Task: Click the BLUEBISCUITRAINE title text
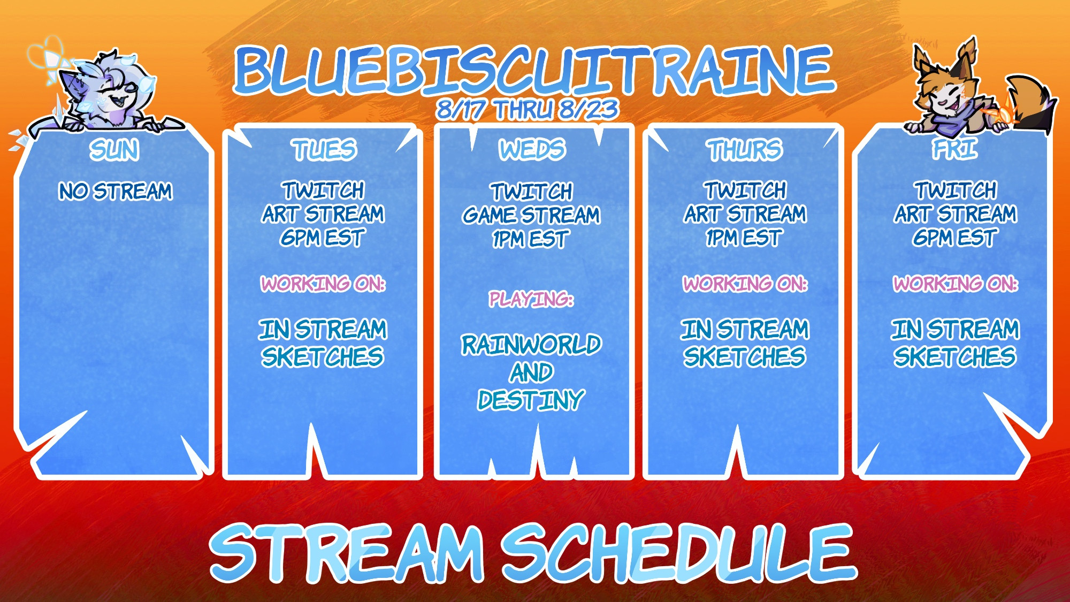coord(534,70)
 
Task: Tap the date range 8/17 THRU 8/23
coord(528,110)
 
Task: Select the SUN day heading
coord(114,150)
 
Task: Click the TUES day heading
coord(324,150)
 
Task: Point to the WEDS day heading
coord(532,150)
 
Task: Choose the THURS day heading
coord(744,150)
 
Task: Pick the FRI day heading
coord(955,149)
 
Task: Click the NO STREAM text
coord(116,191)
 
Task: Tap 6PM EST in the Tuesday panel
coord(323,238)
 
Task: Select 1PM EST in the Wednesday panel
coord(530,239)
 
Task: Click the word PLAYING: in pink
coord(531,299)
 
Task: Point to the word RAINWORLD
coord(531,345)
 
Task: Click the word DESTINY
coord(531,400)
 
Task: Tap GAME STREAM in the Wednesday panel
coord(531,215)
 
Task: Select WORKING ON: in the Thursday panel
coord(745,284)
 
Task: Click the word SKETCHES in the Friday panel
coord(955,357)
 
